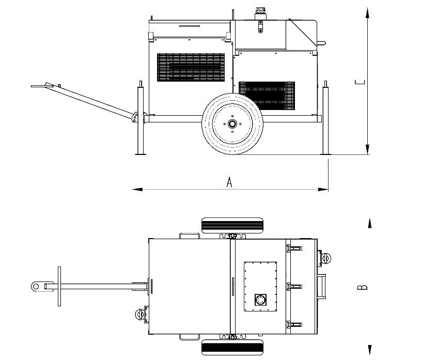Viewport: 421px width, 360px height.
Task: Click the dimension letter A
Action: pos(229,182)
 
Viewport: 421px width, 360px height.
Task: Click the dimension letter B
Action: pos(362,287)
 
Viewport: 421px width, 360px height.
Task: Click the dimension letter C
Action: pos(360,82)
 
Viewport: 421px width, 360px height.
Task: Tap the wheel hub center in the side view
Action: pos(232,124)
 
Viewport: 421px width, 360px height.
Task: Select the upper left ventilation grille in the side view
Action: pos(191,67)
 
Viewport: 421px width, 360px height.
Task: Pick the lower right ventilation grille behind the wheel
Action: pos(267,96)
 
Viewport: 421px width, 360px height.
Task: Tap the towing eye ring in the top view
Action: pos(36,286)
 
